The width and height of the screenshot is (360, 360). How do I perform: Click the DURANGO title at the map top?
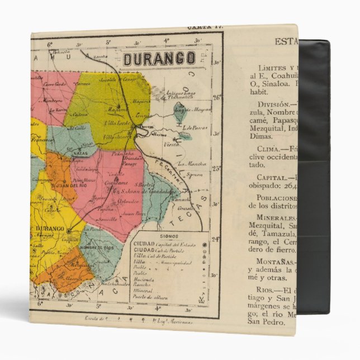point(159,58)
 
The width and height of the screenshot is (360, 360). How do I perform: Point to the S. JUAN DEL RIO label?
point(52,186)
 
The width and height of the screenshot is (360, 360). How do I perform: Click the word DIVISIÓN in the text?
point(274,103)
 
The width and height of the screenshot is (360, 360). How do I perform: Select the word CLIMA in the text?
point(271,149)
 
